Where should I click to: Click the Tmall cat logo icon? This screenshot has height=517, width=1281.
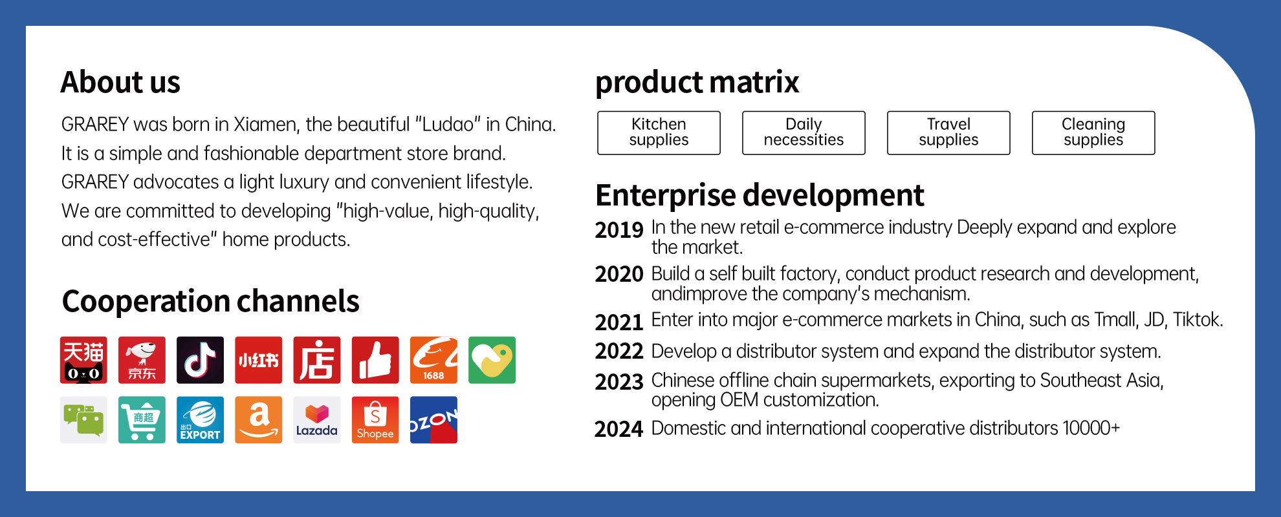tap(83, 360)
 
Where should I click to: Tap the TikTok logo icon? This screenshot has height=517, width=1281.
tap(201, 360)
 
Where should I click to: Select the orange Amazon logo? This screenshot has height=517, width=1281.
tap(259, 420)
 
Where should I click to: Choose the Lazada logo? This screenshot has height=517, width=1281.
tap(317, 420)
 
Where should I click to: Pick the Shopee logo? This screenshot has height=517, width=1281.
tap(375, 420)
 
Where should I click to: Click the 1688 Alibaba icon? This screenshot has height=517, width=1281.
tap(433, 360)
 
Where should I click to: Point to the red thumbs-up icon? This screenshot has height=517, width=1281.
tap(375, 360)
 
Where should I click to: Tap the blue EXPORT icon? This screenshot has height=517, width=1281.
tap(201, 420)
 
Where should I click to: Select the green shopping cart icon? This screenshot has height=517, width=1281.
tap(142, 420)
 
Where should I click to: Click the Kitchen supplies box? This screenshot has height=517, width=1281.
tap(659, 133)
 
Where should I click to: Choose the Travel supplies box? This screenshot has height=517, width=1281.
tap(948, 133)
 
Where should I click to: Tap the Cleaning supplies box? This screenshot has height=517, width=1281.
tap(1093, 133)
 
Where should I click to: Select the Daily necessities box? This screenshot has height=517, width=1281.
tap(804, 133)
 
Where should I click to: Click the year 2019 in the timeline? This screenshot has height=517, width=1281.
tap(619, 230)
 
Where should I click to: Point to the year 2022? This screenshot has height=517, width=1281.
tap(619, 351)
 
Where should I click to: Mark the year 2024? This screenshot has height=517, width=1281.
tap(619, 429)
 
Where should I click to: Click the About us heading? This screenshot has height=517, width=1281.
tap(120, 83)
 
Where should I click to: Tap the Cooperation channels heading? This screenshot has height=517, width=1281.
tap(210, 302)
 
